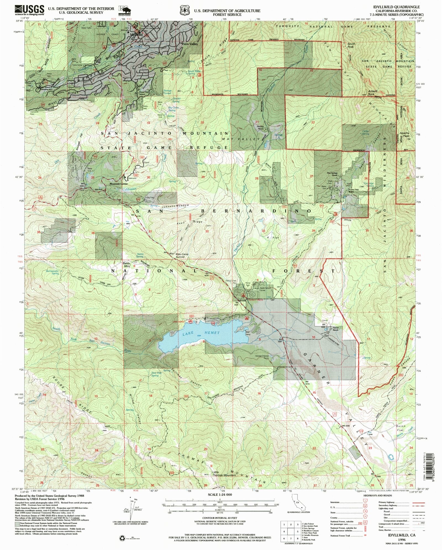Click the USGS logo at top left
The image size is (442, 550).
pos(29,10)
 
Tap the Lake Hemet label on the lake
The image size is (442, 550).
pos(201,333)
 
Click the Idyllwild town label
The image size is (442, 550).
pos(136,35)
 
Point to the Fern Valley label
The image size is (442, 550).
pos(190,44)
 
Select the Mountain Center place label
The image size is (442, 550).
pos(119,184)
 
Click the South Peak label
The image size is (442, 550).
pos(351,45)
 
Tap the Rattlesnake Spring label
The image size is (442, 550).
pos(52,272)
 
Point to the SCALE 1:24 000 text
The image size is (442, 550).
pos(220,494)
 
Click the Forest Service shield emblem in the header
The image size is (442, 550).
pos(185,10)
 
